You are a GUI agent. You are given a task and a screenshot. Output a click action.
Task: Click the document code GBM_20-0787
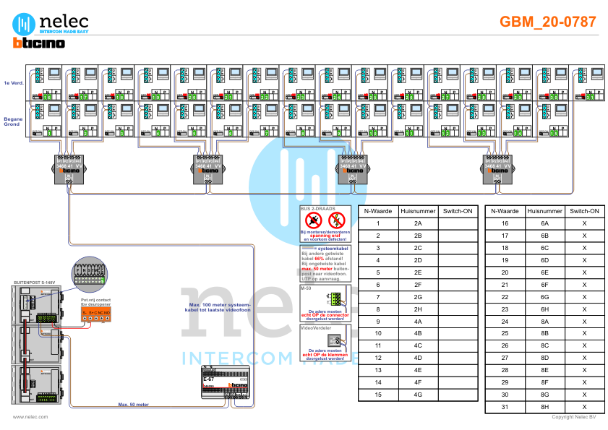coord(548,22)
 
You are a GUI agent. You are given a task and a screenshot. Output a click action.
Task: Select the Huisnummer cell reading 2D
coord(418,260)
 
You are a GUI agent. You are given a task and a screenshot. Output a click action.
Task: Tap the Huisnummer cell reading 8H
coord(545,407)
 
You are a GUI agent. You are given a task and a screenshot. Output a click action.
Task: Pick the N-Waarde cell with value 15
coord(377,395)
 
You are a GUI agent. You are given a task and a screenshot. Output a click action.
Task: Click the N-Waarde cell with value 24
coord(505,321)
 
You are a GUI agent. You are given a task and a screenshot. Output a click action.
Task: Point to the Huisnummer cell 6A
coord(545,223)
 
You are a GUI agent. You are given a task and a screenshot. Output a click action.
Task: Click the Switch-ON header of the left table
coord(457,211)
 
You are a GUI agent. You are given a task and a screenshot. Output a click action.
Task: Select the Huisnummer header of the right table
coord(545,211)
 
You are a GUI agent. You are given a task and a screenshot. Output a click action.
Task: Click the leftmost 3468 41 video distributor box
coord(72,169)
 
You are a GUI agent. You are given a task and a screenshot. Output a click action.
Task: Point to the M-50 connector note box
coord(325,303)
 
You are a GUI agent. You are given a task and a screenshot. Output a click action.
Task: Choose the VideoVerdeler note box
coord(325,343)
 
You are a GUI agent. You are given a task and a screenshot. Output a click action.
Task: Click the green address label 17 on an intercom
coord(85,96)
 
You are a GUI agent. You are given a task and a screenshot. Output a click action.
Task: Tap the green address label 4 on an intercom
coord(158,132)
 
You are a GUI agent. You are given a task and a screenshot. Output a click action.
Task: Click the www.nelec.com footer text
coord(30,417)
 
